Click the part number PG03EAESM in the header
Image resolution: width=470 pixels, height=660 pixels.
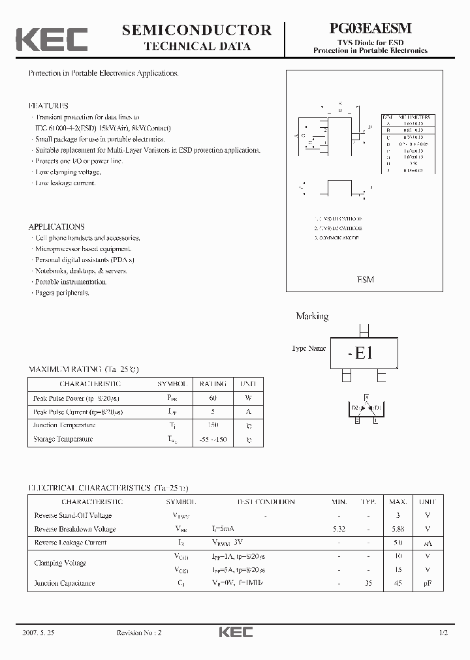(x=370, y=29)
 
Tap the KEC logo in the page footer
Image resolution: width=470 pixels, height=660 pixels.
(x=234, y=632)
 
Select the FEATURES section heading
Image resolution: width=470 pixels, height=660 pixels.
(x=48, y=106)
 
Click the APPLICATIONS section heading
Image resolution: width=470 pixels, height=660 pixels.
(x=56, y=227)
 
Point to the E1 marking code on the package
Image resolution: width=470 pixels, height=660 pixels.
(x=360, y=353)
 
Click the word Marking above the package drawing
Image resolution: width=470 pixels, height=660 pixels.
(x=312, y=316)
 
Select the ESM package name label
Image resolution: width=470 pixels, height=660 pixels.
(x=365, y=279)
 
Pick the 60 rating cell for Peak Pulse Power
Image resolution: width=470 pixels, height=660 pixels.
(x=213, y=398)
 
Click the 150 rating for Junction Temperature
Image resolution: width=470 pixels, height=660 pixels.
(x=213, y=425)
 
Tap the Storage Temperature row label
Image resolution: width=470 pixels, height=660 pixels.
(x=63, y=439)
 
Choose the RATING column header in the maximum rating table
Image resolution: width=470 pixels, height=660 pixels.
(x=213, y=384)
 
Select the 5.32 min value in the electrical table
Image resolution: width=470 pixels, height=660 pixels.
(x=339, y=529)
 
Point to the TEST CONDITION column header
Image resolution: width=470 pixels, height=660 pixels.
(x=264, y=502)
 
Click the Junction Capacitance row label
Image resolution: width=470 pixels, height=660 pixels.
(x=64, y=584)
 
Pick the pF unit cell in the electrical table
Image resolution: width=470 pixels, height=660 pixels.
(x=427, y=584)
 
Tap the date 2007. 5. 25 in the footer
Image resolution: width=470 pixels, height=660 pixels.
(x=39, y=633)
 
